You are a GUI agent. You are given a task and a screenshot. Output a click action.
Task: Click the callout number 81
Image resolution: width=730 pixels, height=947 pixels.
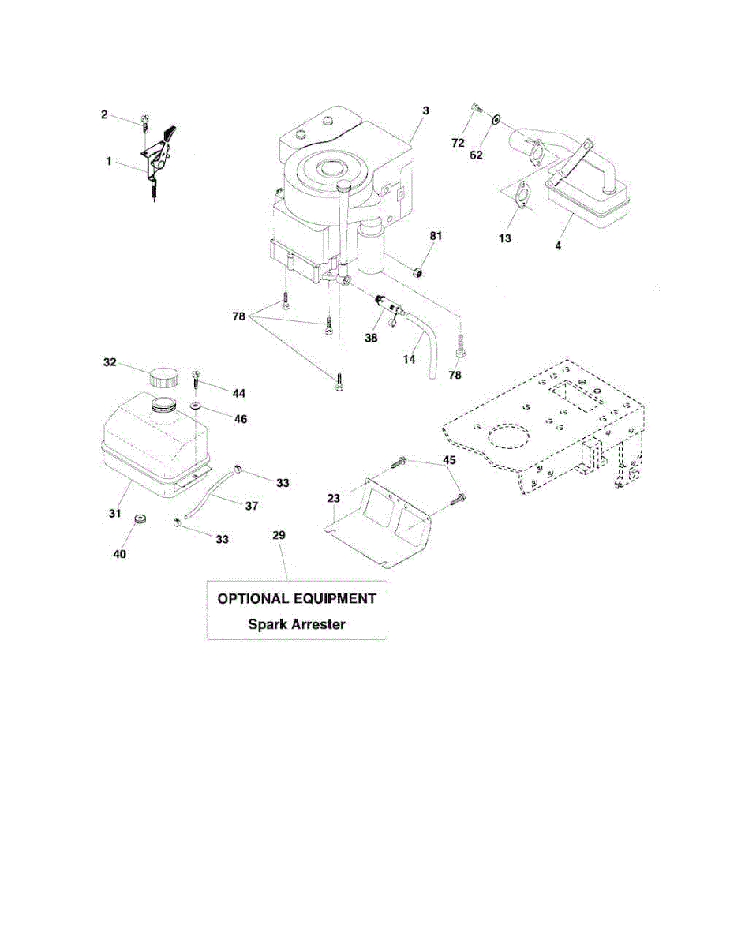tap(436, 236)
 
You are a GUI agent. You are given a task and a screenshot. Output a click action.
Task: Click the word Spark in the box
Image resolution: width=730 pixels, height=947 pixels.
tap(267, 623)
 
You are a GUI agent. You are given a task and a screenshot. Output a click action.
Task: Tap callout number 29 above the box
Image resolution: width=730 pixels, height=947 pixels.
tap(279, 535)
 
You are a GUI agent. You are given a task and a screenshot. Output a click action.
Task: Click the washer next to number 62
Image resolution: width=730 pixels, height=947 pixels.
tap(495, 121)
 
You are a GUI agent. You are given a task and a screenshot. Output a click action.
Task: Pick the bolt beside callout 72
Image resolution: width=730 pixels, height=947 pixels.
tap(473, 108)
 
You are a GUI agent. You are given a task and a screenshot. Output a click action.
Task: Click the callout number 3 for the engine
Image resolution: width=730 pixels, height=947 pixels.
tap(425, 111)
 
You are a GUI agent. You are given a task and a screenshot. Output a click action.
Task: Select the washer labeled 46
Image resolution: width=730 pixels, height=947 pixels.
tap(195, 408)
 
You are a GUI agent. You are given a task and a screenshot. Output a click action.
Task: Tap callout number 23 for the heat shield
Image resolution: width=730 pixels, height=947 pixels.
tap(333, 499)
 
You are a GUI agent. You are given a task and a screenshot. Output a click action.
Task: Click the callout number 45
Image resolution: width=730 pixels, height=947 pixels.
tap(449, 459)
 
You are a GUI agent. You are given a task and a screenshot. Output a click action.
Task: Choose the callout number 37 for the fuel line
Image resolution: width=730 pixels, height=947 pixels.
tap(252, 506)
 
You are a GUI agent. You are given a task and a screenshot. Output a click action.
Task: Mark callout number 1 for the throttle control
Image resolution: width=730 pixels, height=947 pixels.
tap(109, 161)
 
